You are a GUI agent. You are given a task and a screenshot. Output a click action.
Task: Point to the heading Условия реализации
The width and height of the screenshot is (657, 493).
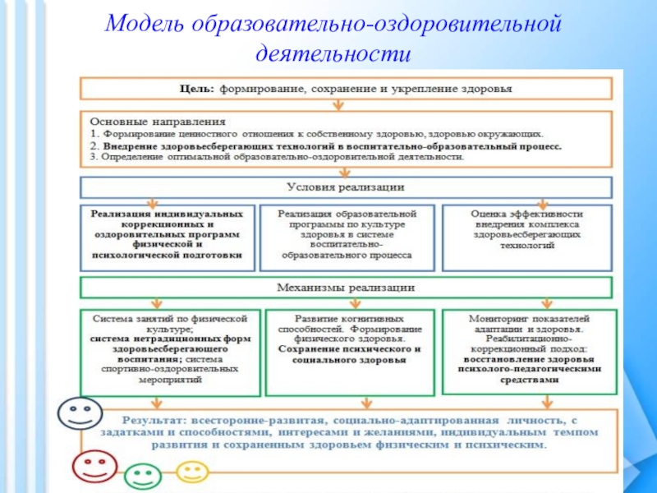345,187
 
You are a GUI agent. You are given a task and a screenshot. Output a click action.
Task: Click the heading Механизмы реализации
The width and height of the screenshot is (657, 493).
345,288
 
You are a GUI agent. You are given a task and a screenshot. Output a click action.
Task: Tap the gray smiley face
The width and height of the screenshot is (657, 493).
79,412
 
